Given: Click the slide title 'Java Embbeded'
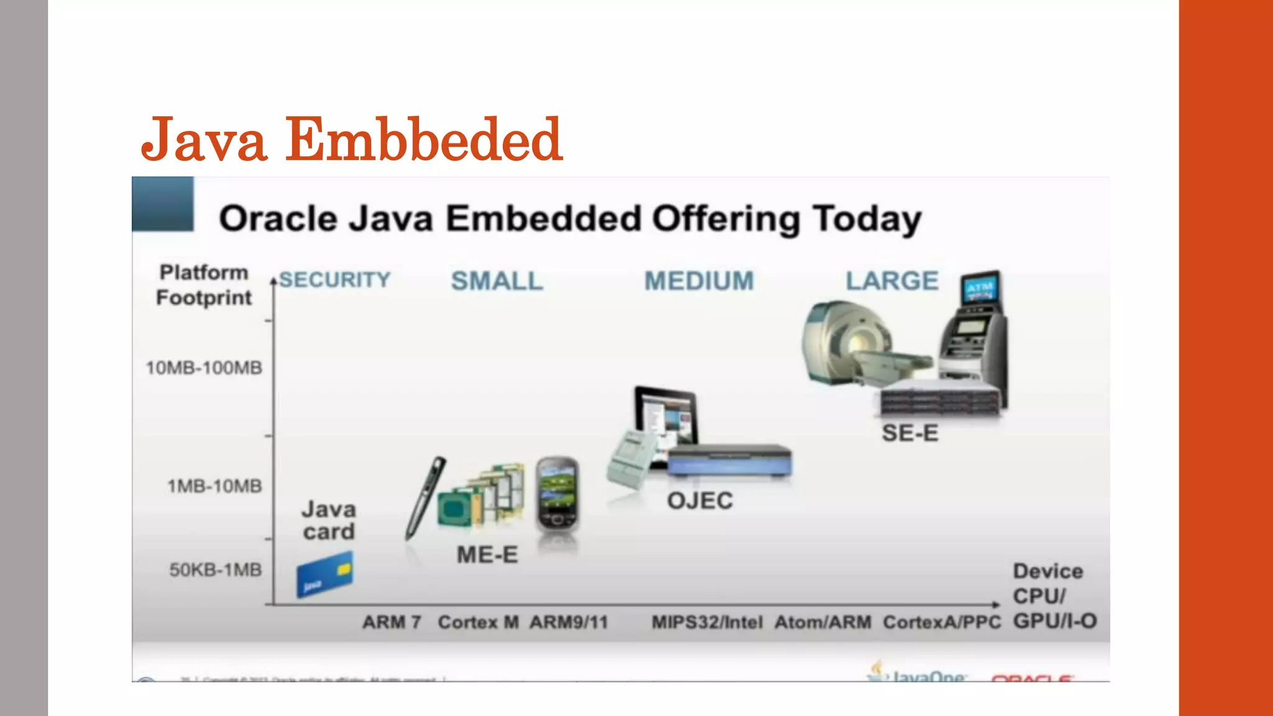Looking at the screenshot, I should pos(352,140).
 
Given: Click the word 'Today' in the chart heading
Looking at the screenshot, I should pos(867,219).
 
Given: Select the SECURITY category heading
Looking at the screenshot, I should pos(334,280).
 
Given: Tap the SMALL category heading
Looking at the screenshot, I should pos(497,281).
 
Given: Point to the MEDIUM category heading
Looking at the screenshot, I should pos(699,281).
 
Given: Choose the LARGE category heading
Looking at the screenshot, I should pos(892,281).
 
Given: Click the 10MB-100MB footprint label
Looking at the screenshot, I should pos(204,368).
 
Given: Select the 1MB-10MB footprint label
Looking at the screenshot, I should pos(214,486).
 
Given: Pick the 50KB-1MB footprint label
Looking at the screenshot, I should pos(216,570).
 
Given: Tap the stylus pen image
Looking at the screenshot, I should pos(425,497).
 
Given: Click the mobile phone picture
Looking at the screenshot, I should pos(558,494).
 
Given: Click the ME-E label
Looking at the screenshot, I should pos(487,555).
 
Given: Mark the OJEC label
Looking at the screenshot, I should pos(700,501).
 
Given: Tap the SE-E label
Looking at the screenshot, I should pos(910,433).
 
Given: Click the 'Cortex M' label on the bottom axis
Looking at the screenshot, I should pos(478,622).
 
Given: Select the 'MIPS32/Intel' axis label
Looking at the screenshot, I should pos(707,622).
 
